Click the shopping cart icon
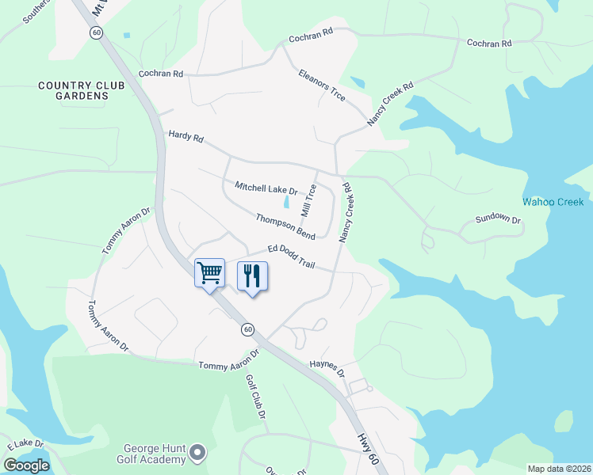(209, 274)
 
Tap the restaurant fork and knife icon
(252, 276)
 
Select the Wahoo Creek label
(553, 202)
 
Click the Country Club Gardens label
(72, 90)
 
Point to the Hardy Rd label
(186, 137)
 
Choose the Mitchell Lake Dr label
(266, 188)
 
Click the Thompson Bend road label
(285, 227)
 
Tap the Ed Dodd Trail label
(291, 256)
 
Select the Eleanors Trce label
(322, 85)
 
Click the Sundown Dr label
(498, 219)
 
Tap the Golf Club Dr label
(255, 397)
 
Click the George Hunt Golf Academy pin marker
(197, 453)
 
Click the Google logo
(27, 465)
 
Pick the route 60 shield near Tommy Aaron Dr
(248, 329)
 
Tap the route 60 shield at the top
(96, 32)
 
